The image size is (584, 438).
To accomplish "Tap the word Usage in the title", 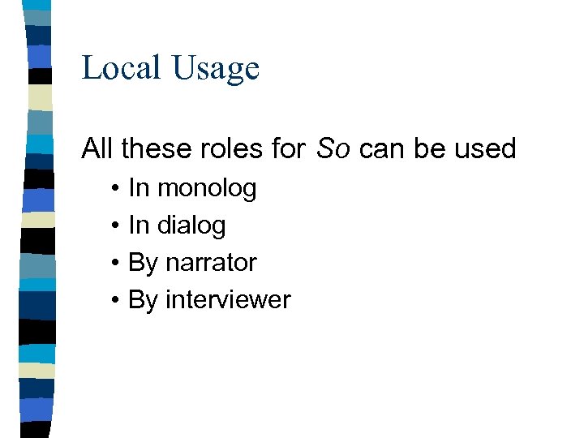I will coord(215,69).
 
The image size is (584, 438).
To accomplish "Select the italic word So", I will coord(333,148).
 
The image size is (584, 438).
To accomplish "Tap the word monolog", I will coord(207,188).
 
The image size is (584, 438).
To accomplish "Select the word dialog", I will coord(191,225).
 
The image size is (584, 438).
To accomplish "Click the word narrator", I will coord(211,263).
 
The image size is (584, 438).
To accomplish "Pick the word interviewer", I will coord(228,300).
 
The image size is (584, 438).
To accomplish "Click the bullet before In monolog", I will coord(117,189).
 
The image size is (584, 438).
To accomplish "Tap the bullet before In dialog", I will coord(117,226).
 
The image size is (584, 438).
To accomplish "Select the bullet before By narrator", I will coord(117,264).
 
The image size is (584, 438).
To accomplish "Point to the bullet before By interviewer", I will coord(117,301).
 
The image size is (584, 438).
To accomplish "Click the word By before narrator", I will coord(143,263).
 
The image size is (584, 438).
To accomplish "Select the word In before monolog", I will coord(139,188).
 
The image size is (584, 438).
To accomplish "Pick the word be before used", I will coord(428,148).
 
